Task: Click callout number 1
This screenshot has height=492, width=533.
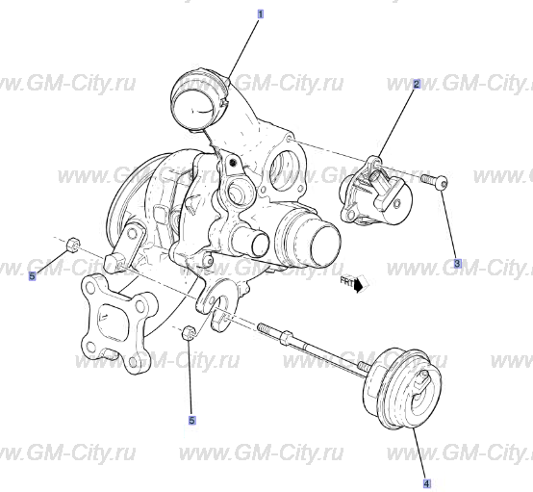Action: [259, 15]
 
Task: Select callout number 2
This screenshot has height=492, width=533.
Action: [416, 85]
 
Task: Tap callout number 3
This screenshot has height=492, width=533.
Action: [457, 263]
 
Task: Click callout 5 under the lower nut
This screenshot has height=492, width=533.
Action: [191, 420]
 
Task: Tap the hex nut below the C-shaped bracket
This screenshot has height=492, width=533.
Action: [190, 334]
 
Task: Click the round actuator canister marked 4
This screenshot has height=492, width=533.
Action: [398, 387]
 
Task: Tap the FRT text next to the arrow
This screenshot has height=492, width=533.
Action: [346, 282]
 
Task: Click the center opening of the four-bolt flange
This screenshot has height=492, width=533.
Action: [108, 322]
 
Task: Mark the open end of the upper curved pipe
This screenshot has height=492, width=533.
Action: [196, 103]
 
